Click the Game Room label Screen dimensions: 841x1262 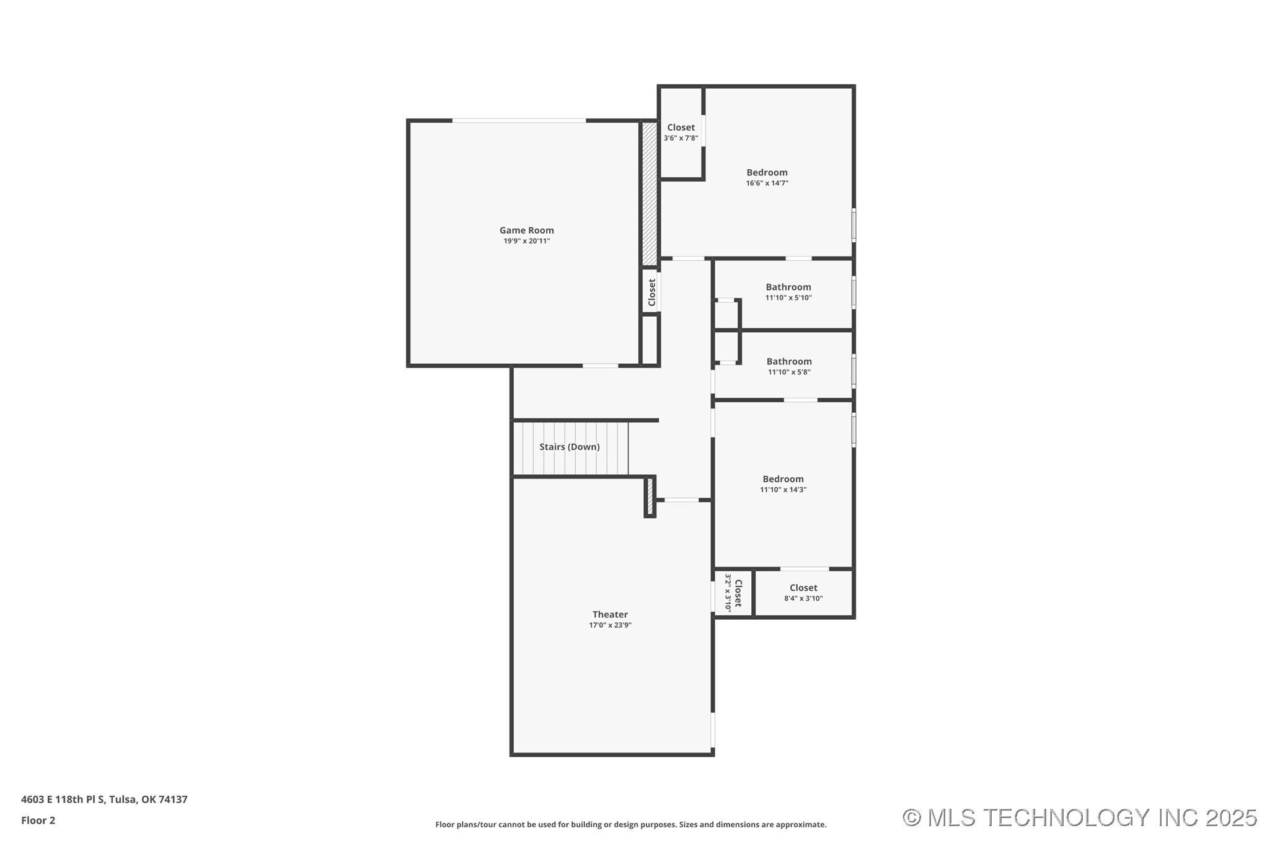(x=526, y=230)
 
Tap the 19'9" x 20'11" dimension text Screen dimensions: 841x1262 (x=526, y=241)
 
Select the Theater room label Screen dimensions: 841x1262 (x=610, y=614)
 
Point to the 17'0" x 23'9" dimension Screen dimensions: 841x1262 (x=610, y=625)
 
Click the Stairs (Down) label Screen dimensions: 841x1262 (x=569, y=447)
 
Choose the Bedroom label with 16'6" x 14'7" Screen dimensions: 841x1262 (x=767, y=172)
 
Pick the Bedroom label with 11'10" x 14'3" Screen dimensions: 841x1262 (x=783, y=478)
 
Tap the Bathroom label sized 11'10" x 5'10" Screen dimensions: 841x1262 (x=788, y=287)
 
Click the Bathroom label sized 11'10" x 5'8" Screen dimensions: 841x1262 (x=788, y=361)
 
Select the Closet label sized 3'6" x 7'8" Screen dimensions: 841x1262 (x=681, y=128)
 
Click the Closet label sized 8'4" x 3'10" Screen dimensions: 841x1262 (x=803, y=588)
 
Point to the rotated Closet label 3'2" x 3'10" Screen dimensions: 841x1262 (x=738, y=593)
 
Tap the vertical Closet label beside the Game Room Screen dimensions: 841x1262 (x=651, y=292)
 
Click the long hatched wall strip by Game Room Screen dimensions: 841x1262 (x=649, y=193)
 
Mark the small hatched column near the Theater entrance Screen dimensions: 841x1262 (x=650, y=496)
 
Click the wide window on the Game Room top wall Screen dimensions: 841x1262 (x=519, y=120)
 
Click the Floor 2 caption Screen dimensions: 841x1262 (x=38, y=821)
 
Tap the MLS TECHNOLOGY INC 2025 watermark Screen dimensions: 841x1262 (x=1079, y=817)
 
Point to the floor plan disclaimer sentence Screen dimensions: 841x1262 (x=630, y=825)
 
